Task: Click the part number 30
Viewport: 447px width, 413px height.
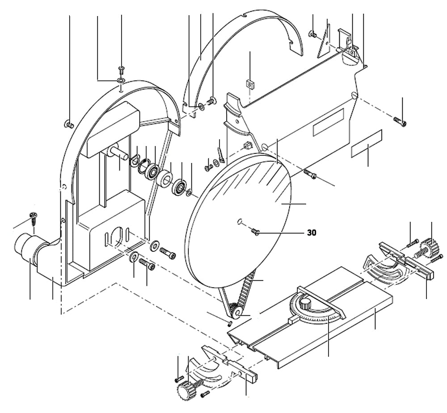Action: [x=311, y=233]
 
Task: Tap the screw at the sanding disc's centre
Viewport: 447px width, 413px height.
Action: [x=256, y=231]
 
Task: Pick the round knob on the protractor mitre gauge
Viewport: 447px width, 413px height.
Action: [x=305, y=305]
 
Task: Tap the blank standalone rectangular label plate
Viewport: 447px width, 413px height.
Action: [x=367, y=144]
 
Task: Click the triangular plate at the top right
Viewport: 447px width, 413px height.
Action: [x=324, y=43]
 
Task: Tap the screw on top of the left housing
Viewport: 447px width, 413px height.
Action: [x=121, y=69]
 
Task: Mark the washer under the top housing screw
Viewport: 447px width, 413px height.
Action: [x=121, y=80]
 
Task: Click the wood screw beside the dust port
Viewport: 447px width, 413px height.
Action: [x=34, y=217]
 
